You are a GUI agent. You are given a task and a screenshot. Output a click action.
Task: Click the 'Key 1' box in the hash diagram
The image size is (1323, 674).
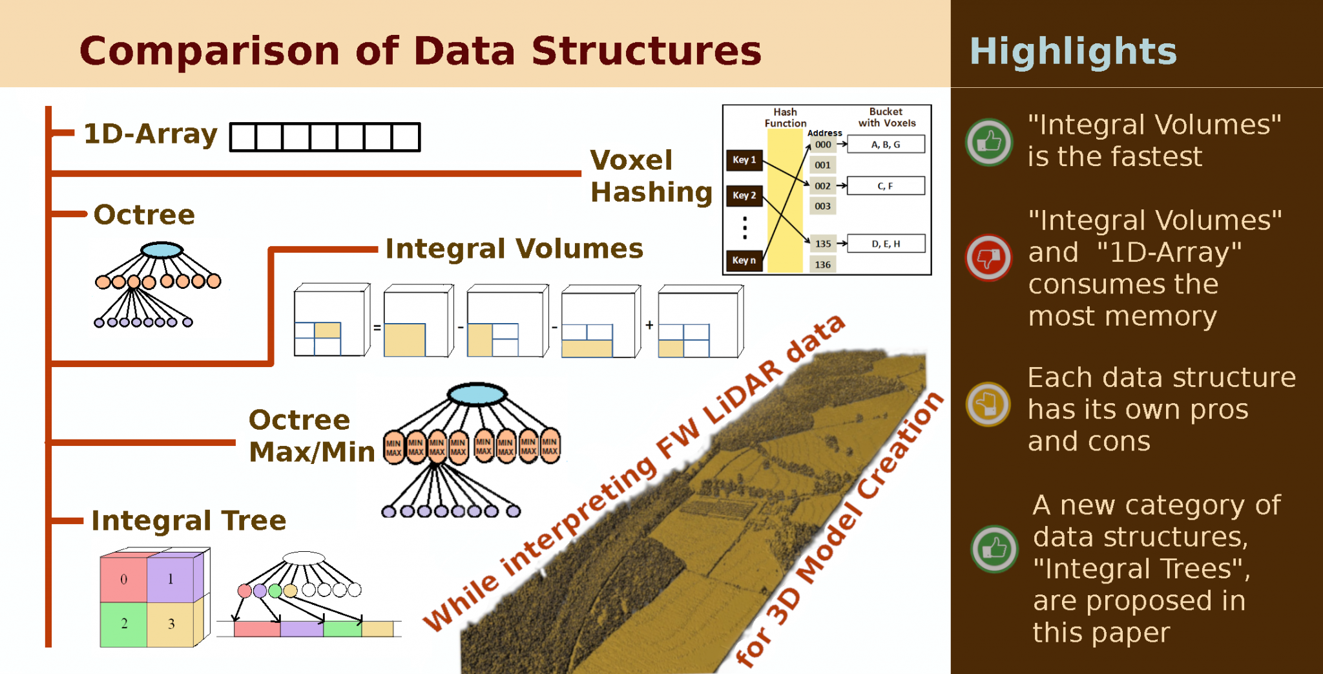(x=744, y=160)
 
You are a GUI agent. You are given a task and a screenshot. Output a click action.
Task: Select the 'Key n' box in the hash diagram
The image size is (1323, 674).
(x=744, y=260)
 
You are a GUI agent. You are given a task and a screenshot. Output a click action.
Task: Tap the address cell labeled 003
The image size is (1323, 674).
(x=822, y=206)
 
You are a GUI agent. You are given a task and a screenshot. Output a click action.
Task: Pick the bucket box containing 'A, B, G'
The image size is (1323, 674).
(x=886, y=144)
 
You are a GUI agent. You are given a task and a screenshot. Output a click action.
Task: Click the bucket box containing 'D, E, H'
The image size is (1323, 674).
(x=886, y=244)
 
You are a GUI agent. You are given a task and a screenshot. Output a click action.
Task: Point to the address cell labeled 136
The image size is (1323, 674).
(x=822, y=264)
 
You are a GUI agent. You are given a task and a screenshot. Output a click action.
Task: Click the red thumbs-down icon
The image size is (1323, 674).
(x=988, y=257)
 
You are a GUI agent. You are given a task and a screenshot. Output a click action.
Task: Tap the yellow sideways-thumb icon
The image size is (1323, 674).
(x=988, y=405)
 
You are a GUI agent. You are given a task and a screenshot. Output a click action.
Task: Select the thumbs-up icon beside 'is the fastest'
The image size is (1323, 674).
(x=989, y=142)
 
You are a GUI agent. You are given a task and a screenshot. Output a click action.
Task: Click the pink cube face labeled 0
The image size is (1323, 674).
(x=123, y=579)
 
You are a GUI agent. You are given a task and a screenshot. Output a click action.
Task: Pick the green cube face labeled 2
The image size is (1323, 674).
(x=123, y=624)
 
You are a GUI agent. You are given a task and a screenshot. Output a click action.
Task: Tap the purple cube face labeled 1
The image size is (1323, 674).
(x=170, y=579)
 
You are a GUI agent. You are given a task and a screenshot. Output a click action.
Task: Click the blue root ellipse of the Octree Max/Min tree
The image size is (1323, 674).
(x=477, y=394)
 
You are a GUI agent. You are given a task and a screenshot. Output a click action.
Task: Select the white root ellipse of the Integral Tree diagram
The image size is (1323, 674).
(x=304, y=558)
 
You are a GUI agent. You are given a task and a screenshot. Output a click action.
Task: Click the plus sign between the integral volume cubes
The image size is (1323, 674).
(x=649, y=325)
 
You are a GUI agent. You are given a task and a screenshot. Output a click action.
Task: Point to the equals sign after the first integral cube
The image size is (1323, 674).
(x=377, y=328)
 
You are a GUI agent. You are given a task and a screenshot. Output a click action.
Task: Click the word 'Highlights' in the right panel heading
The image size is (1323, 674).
(x=1073, y=51)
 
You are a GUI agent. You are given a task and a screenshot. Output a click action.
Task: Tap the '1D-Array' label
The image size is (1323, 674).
(x=151, y=134)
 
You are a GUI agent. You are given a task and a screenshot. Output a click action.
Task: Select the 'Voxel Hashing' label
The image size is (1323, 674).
(x=651, y=176)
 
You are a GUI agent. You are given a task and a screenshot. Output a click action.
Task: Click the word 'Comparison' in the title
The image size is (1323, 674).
(x=209, y=52)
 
